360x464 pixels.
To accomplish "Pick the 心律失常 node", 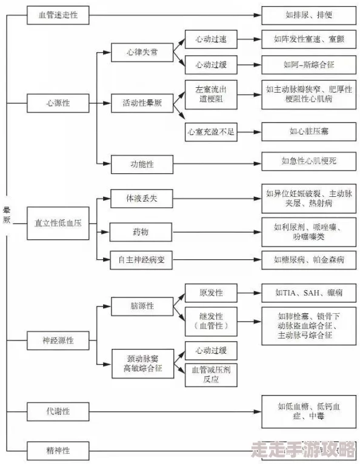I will pos(142,52).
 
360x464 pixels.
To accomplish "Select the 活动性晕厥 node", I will pos(142,103).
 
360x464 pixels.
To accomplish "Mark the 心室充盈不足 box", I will pos(211,130).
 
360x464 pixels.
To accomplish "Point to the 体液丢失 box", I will pos(142,198).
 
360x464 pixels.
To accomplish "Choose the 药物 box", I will pos(142,231).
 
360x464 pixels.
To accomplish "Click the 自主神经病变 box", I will pos(142,260).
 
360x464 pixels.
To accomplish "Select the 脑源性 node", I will pos(142,306).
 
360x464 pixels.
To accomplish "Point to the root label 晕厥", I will pos(7,215).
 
